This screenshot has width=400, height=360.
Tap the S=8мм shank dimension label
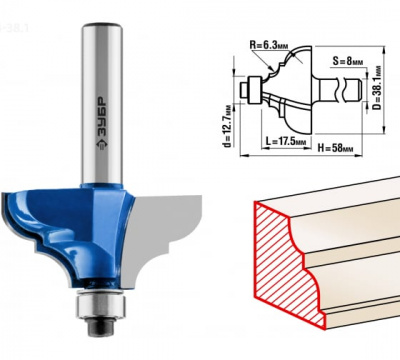[x=348, y=62]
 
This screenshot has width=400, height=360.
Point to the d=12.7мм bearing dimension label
[x=228, y=126]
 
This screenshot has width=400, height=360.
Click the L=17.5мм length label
[x=286, y=141]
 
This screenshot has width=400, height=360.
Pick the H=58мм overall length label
[x=335, y=148]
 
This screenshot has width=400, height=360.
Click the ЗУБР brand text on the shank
[x=102, y=117]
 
